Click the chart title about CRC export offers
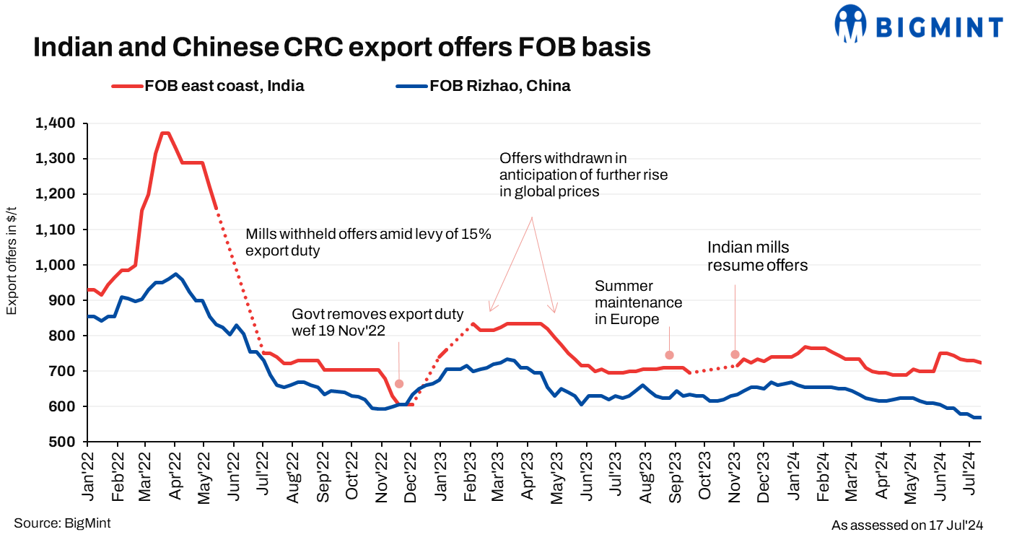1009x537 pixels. click(x=342, y=48)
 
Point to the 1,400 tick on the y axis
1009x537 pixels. click(x=54, y=123)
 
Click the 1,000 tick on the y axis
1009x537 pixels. click(x=54, y=265)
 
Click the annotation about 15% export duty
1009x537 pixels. click(x=368, y=243)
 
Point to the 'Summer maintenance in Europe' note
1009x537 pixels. click(x=638, y=302)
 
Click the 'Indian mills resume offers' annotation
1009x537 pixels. click(x=757, y=256)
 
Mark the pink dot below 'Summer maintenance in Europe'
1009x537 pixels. click(x=669, y=354)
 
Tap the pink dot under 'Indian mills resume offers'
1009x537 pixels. click(x=735, y=354)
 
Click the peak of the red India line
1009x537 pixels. click(x=165, y=133)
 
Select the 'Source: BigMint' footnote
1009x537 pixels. click(x=62, y=523)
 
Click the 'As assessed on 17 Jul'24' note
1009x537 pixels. click(x=907, y=524)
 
